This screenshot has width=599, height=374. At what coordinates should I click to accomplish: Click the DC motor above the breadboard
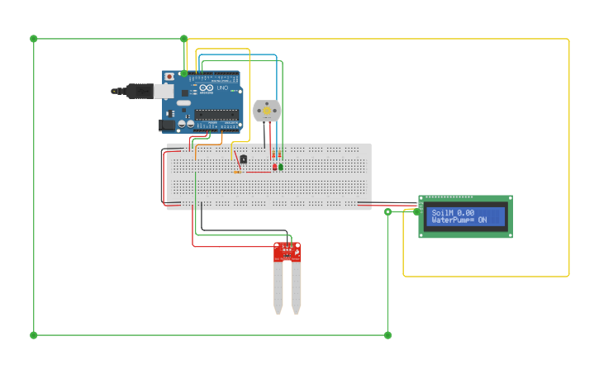pos(266,110)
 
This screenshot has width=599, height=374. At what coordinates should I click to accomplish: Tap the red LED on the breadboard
pos(274,168)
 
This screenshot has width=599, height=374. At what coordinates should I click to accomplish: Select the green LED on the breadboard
pos(281,168)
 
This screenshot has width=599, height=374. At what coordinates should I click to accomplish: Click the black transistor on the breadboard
pos(243,159)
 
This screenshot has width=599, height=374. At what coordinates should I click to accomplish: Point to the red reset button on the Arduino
pos(169,77)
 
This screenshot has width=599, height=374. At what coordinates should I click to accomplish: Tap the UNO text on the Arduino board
pos(221,88)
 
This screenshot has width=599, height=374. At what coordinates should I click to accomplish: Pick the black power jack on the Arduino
pos(168,125)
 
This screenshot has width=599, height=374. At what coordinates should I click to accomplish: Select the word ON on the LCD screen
pos(483,220)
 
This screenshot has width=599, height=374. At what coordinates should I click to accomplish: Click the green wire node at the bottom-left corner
pos(34,335)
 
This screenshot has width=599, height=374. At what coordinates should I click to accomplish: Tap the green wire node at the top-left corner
pos(34,39)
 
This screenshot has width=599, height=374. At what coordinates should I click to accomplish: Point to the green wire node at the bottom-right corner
pos(387,335)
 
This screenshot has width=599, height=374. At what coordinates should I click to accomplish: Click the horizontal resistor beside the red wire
pos(238,172)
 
